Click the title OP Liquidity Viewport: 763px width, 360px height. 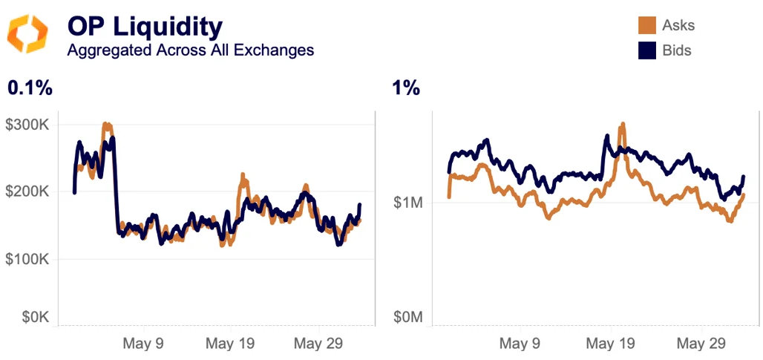click(145, 27)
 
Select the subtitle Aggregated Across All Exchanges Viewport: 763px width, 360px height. click(190, 50)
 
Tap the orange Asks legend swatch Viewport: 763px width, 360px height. click(646, 26)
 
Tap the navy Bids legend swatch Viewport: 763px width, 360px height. click(646, 50)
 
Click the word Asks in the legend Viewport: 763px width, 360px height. click(678, 26)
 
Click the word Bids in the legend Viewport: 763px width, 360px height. click(677, 50)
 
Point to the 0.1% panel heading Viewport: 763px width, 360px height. click(30, 88)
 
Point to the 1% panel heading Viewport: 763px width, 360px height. click(406, 88)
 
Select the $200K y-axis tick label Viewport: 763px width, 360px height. click(30, 192)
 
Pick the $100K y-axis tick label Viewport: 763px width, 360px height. click(30, 259)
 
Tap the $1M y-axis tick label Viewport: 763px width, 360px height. click(408, 203)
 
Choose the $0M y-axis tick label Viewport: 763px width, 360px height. click(408, 318)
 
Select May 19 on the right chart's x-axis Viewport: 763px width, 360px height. click(610, 344)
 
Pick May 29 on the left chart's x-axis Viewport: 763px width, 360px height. click(318, 344)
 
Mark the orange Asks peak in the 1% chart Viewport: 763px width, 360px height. click(623, 125)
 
